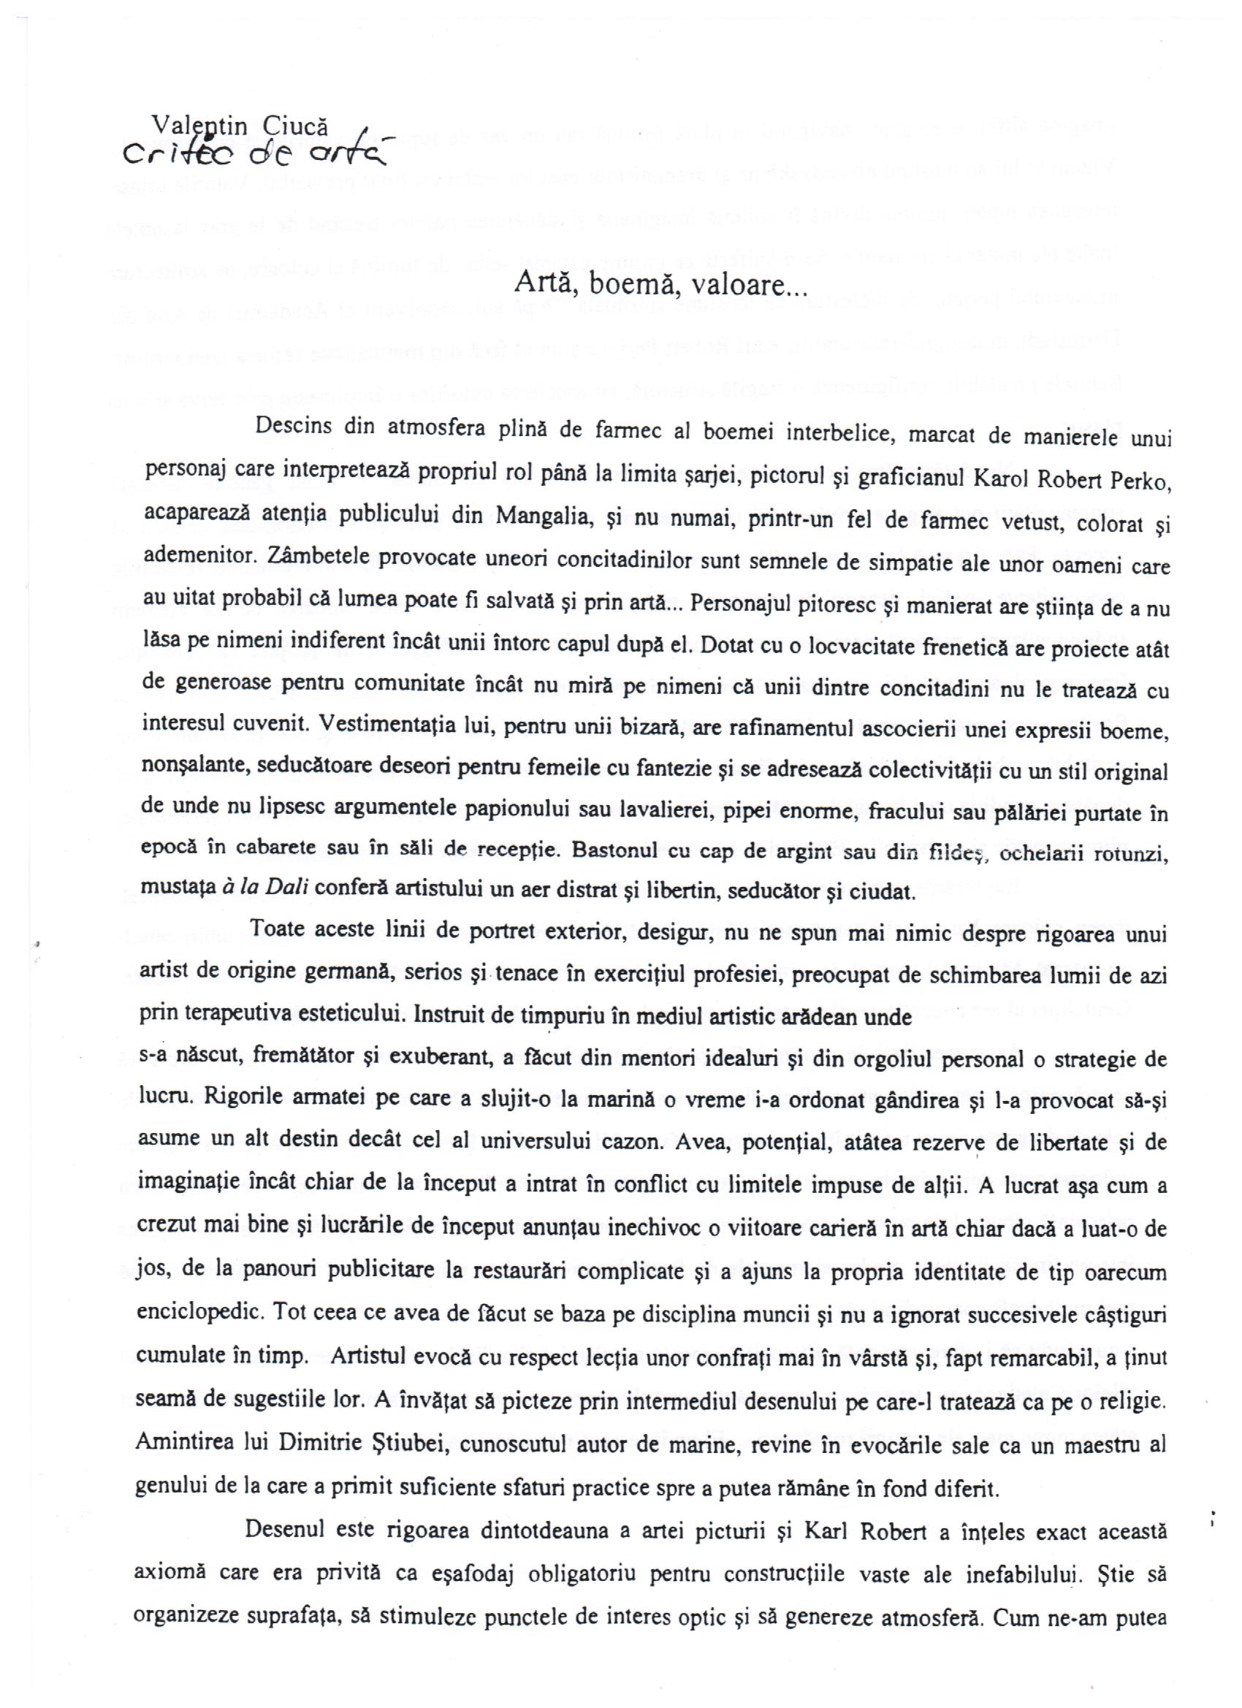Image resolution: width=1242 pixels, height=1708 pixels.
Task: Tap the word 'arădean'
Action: point(829,1016)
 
